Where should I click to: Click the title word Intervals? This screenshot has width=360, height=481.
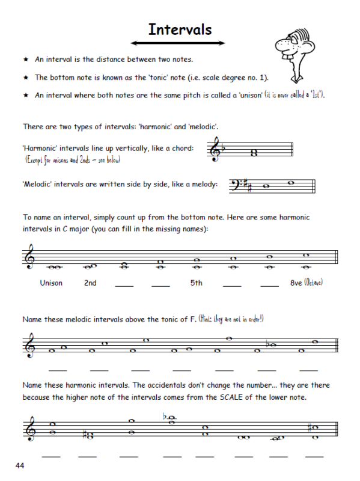[x=180, y=29]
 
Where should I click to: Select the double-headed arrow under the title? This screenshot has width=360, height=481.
[x=180, y=44]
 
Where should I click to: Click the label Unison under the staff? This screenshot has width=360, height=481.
[x=51, y=283]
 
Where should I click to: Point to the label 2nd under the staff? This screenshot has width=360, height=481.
[x=90, y=283]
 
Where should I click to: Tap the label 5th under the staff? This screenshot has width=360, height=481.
[x=196, y=283]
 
